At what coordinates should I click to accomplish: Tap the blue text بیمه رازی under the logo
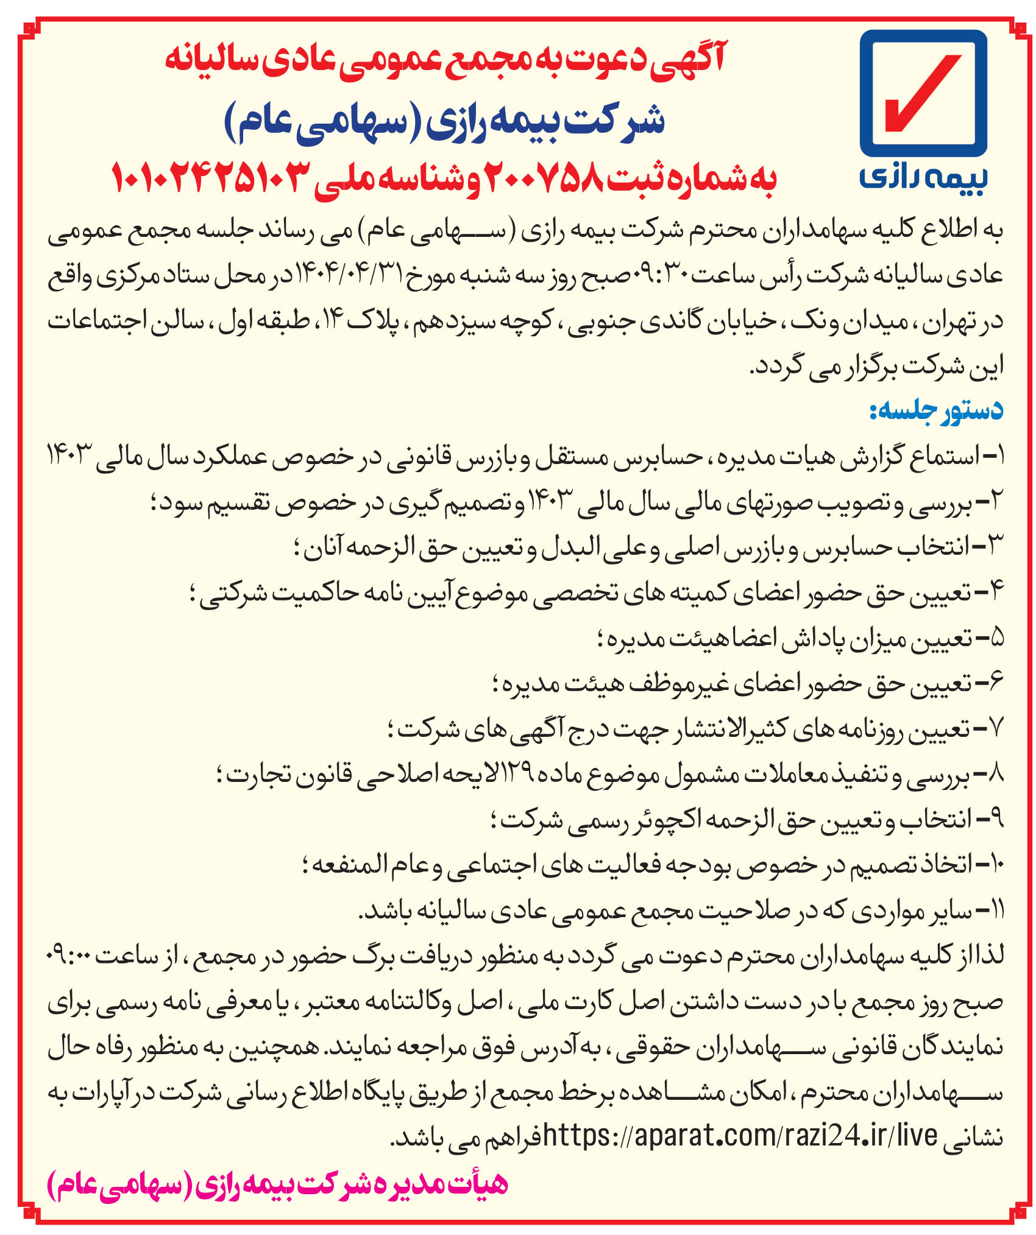923,177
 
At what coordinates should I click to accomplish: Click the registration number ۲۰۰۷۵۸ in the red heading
545,177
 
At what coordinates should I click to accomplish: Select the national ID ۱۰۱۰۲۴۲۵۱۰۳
208,177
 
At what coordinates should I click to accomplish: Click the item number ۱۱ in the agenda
995,911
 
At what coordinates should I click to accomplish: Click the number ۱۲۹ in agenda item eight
518,774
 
